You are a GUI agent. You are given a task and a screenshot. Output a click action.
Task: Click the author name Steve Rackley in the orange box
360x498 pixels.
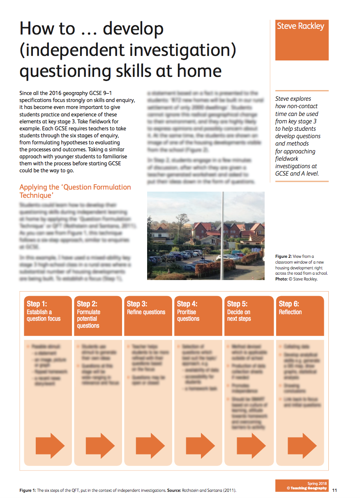(x=300, y=26)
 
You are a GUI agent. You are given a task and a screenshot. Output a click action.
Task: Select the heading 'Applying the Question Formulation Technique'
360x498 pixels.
(x=75, y=191)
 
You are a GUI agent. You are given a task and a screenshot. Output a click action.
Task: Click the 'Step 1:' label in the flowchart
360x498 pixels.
(x=37, y=304)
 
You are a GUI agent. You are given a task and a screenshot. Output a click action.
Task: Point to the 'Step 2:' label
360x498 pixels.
(x=87, y=304)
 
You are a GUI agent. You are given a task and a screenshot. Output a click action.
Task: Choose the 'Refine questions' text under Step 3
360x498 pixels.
(x=146, y=312)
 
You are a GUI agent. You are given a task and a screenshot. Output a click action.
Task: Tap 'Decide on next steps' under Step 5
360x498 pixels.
(x=239, y=315)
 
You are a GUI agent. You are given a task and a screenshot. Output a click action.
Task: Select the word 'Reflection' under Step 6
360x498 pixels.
(x=290, y=312)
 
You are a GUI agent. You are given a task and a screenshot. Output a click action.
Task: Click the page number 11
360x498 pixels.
(x=335, y=490)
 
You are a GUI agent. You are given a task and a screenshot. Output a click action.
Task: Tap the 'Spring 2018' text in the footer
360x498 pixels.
(x=317, y=483)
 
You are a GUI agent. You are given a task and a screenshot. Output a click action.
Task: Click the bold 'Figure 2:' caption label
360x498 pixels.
(x=284, y=257)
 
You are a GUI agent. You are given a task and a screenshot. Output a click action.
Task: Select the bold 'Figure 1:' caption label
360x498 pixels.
(x=28, y=491)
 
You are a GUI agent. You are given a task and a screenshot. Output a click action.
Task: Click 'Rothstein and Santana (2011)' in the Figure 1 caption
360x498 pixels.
(x=209, y=491)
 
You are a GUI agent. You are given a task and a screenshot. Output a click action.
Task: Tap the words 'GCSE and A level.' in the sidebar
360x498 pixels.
(x=297, y=174)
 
